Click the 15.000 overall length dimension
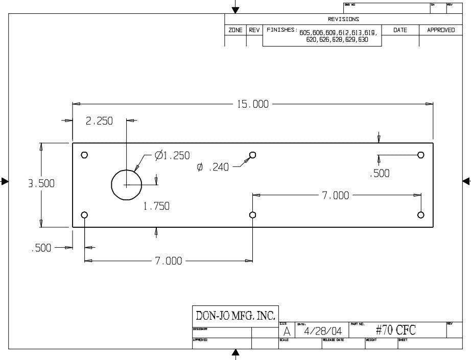coord(252,104)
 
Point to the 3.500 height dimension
coord(41,184)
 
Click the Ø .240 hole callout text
coord(213,167)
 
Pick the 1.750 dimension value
coord(156,206)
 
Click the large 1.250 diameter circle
coord(127,184)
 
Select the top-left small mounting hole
coord(85,155)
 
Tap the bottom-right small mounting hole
coord(421,214)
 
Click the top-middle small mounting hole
coord(252,155)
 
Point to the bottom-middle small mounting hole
coord(252,214)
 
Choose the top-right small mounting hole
coord(421,155)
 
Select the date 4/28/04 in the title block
coord(323,331)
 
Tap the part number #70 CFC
coord(395,330)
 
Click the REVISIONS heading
coord(343,19)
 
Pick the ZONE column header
coord(235,30)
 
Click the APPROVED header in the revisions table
coord(441,30)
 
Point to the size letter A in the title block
coord(287,332)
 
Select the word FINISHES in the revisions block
coord(281,30)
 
